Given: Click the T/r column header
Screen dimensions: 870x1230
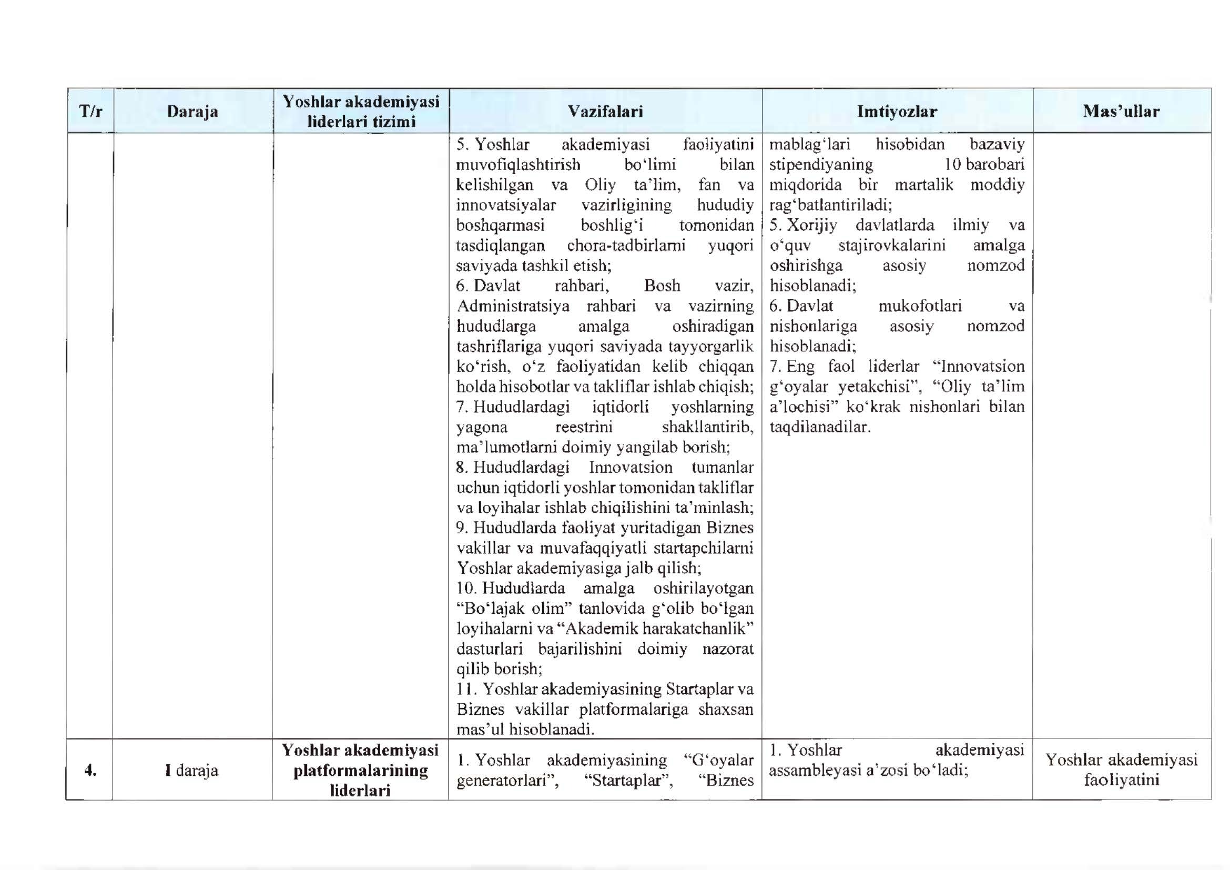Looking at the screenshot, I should (x=90, y=112).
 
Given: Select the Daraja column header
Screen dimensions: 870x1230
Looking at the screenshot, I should (x=192, y=112).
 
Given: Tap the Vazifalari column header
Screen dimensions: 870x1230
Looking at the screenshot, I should (x=605, y=112).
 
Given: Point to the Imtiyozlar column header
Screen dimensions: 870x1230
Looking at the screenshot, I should (x=897, y=112).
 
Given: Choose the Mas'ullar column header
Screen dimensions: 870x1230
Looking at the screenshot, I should (x=1121, y=112).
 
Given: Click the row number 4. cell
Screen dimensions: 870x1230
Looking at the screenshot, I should (x=90, y=771).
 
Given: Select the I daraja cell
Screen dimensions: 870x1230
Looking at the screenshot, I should (x=192, y=771).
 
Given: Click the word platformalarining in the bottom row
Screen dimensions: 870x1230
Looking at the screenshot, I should (x=361, y=771).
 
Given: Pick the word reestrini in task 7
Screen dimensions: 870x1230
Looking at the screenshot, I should (x=583, y=427).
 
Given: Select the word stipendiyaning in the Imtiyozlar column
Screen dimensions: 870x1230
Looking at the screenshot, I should (x=821, y=164).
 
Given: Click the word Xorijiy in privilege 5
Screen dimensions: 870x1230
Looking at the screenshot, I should (x=811, y=225).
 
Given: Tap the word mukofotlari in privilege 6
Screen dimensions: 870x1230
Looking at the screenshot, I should (x=920, y=306).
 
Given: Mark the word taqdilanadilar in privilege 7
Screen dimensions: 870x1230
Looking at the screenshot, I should (x=820, y=427).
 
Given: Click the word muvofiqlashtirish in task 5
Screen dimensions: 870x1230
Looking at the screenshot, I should (x=518, y=164).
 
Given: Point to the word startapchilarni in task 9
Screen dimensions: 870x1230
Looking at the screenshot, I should (x=704, y=548).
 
